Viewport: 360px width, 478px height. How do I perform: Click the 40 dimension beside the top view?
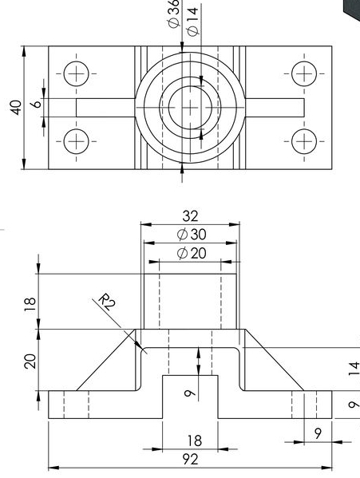point(15,108)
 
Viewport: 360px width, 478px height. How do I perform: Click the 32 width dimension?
point(190,215)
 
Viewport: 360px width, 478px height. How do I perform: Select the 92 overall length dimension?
point(190,460)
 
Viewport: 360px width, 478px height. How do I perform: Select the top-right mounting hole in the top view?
point(304,73)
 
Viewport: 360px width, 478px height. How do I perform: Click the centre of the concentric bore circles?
point(190,108)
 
